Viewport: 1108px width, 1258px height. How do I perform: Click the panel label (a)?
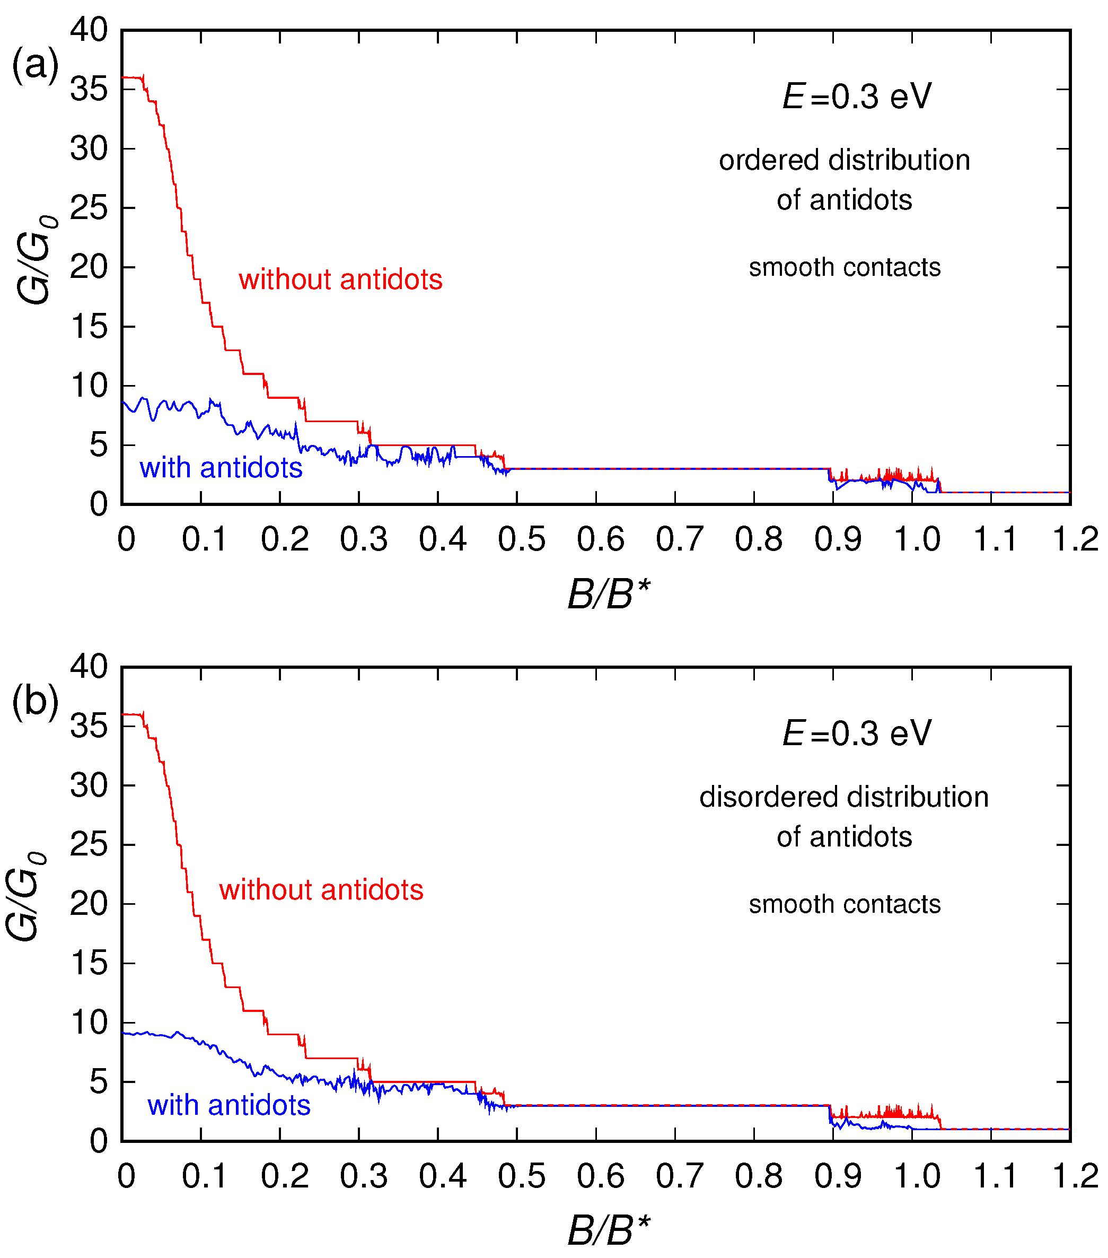click(35, 65)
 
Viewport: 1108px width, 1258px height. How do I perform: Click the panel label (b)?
click(35, 702)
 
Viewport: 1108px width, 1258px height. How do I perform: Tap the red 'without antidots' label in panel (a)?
click(340, 280)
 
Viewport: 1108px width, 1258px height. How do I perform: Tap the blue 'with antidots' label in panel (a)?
click(221, 468)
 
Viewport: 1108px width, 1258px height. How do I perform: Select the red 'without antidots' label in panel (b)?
click(321, 890)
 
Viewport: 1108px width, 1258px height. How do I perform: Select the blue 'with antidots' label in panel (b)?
click(229, 1105)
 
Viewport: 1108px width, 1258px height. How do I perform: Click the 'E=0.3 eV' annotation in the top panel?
click(857, 97)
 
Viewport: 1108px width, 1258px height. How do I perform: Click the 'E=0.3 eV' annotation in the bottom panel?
click(857, 733)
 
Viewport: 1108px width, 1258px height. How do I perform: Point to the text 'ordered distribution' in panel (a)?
click(844, 161)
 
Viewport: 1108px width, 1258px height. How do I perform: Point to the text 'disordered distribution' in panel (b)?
click(843, 798)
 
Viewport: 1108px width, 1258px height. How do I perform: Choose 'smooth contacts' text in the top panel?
click(844, 268)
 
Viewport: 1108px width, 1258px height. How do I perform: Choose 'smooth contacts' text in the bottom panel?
click(844, 905)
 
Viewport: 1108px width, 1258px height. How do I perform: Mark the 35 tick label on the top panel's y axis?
click(89, 90)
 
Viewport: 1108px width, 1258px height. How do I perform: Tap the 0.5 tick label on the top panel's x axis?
click(521, 540)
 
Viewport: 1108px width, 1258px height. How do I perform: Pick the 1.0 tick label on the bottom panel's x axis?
click(917, 1177)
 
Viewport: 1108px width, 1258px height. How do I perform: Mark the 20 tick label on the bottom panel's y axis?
click(89, 904)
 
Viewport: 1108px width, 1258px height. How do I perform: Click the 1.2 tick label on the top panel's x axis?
click(1075, 540)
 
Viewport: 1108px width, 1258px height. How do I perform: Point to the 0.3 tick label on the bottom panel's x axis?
click(363, 1177)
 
